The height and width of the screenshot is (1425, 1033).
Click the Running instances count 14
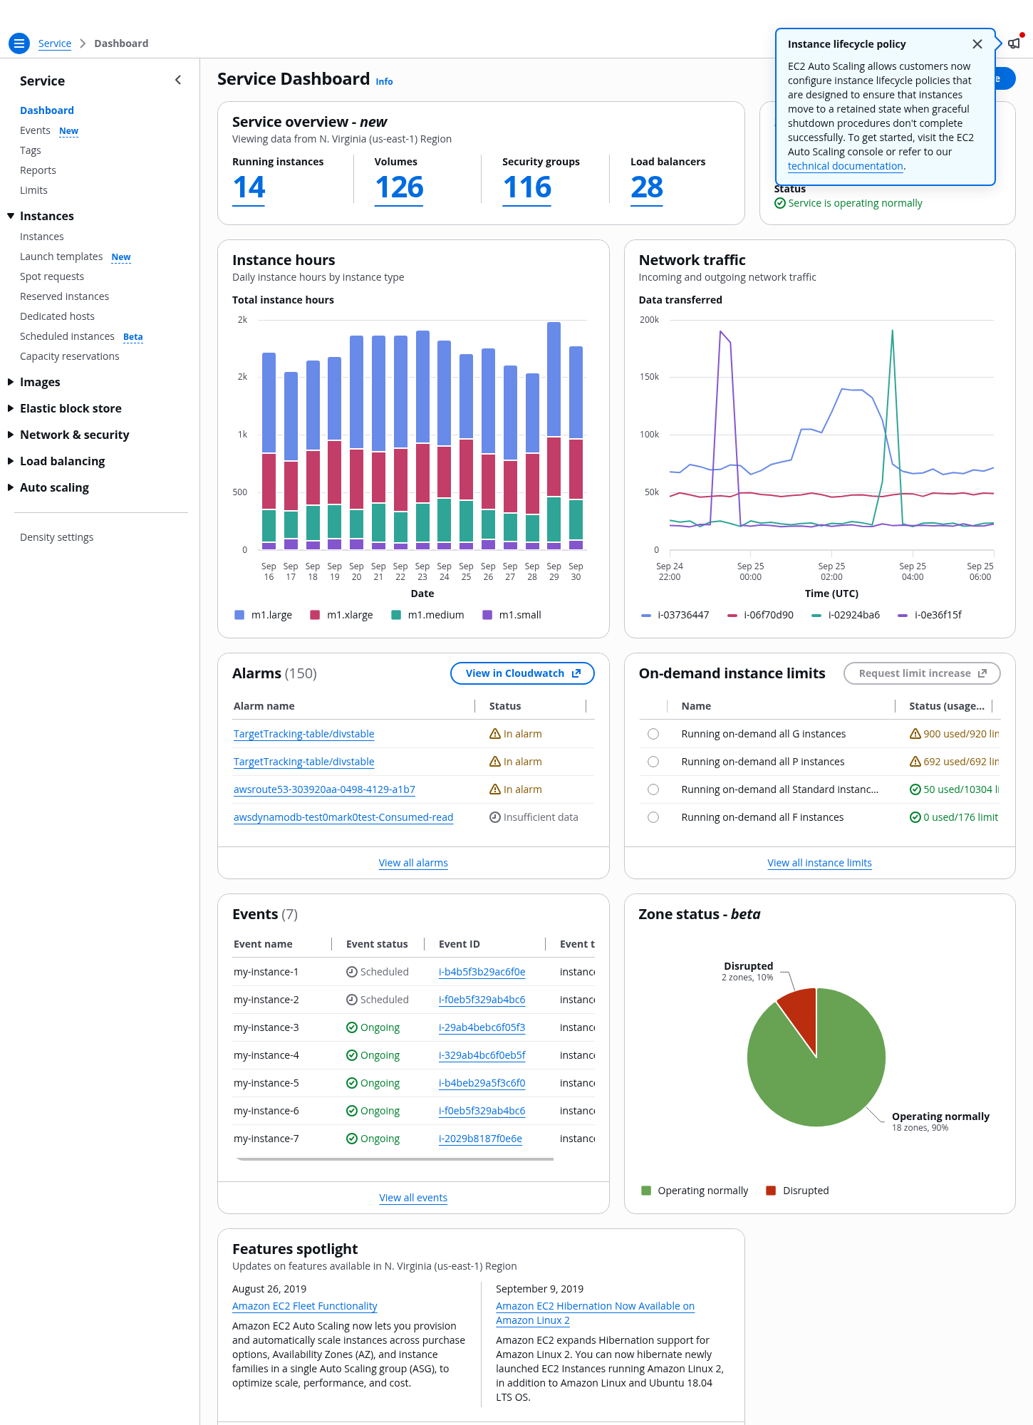click(x=249, y=187)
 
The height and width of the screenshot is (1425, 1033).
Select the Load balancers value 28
click(x=647, y=187)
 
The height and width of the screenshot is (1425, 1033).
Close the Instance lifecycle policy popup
click(x=977, y=44)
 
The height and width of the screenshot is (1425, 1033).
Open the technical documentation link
click(x=845, y=166)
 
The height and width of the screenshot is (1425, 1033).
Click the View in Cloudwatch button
click(x=522, y=673)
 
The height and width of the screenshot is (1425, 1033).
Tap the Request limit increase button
click(x=922, y=673)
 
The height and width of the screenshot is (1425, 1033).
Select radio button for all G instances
click(x=653, y=734)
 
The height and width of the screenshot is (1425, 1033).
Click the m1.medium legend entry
click(x=427, y=615)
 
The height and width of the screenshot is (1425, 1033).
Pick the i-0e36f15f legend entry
click(x=930, y=615)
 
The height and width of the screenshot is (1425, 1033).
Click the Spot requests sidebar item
click(x=52, y=276)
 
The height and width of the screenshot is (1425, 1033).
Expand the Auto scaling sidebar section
click(x=54, y=487)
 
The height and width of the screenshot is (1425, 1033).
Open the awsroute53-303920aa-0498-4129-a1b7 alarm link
click(x=324, y=789)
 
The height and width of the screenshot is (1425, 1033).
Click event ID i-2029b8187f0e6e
click(x=480, y=1139)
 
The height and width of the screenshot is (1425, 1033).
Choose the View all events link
click(x=413, y=1198)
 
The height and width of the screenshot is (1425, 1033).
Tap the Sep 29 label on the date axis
click(x=554, y=571)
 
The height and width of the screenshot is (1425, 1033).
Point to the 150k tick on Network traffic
click(x=649, y=377)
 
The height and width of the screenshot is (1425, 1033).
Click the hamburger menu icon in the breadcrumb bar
click(x=19, y=43)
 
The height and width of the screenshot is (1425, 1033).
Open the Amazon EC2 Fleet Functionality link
click(x=304, y=1306)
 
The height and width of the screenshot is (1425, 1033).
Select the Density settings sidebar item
click(x=56, y=537)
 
